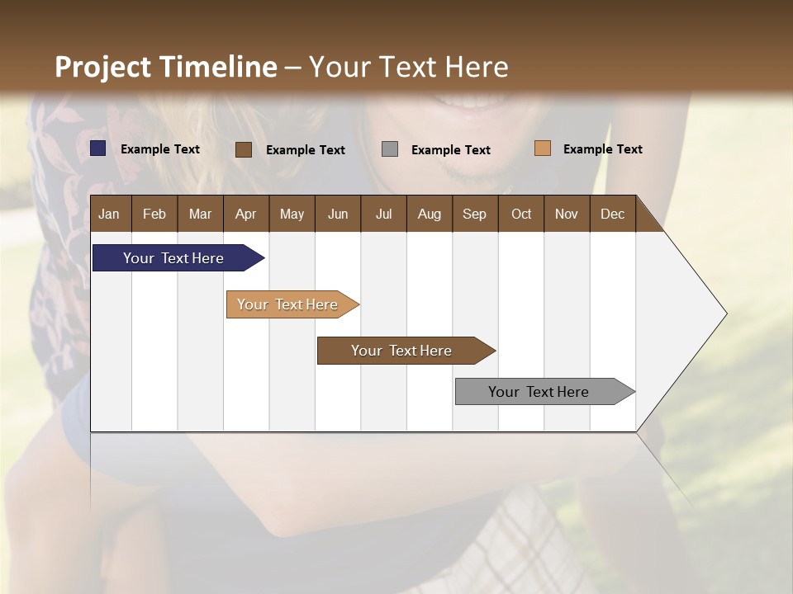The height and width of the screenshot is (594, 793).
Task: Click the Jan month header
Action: (x=109, y=214)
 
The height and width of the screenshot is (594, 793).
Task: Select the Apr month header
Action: (x=245, y=214)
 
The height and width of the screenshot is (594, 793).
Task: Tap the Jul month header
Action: (x=383, y=214)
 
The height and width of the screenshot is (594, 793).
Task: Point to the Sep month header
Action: (x=474, y=214)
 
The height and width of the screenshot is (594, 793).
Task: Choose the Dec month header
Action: (x=612, y=214)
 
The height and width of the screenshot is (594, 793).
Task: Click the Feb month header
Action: (x=154, y=214)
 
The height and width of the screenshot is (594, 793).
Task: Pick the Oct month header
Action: (x=521, y=214)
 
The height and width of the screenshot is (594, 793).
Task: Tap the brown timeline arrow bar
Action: (x=402, y=351)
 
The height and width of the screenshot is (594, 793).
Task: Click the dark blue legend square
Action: (x=98, y=148)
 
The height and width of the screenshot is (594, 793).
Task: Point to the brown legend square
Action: (x=244, y=149)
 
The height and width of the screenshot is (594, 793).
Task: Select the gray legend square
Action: (x=390, y=149)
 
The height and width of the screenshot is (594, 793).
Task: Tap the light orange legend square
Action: (x=543, y=148)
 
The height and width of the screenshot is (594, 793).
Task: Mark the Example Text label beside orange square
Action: (x=602, y=149)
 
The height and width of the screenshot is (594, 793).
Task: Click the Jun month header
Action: (x=338, y=214)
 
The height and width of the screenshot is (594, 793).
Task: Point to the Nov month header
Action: (x=567, y=214)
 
